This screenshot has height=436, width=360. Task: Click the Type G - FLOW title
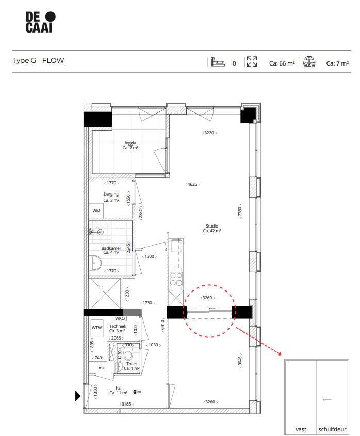[x=38, y=61]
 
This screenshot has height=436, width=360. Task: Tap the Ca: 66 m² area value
[x=282, y=63]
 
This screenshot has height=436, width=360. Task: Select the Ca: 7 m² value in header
[x=337, y=63]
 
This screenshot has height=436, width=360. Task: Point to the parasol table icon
[x=309, y=62]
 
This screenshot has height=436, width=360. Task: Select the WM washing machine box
[x=96, y=211]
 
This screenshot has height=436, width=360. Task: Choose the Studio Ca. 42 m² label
[x=211, y=229]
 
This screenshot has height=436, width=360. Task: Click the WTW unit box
[x=96, y=328]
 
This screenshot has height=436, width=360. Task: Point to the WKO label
[x=120, y=318]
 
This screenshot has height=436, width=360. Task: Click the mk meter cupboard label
[x=102, y=368]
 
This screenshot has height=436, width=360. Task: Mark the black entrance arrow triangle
[x=78, y=396]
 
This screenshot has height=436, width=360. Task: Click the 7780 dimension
[x=239, y=213]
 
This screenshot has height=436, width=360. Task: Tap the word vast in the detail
[x=301, y=429]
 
